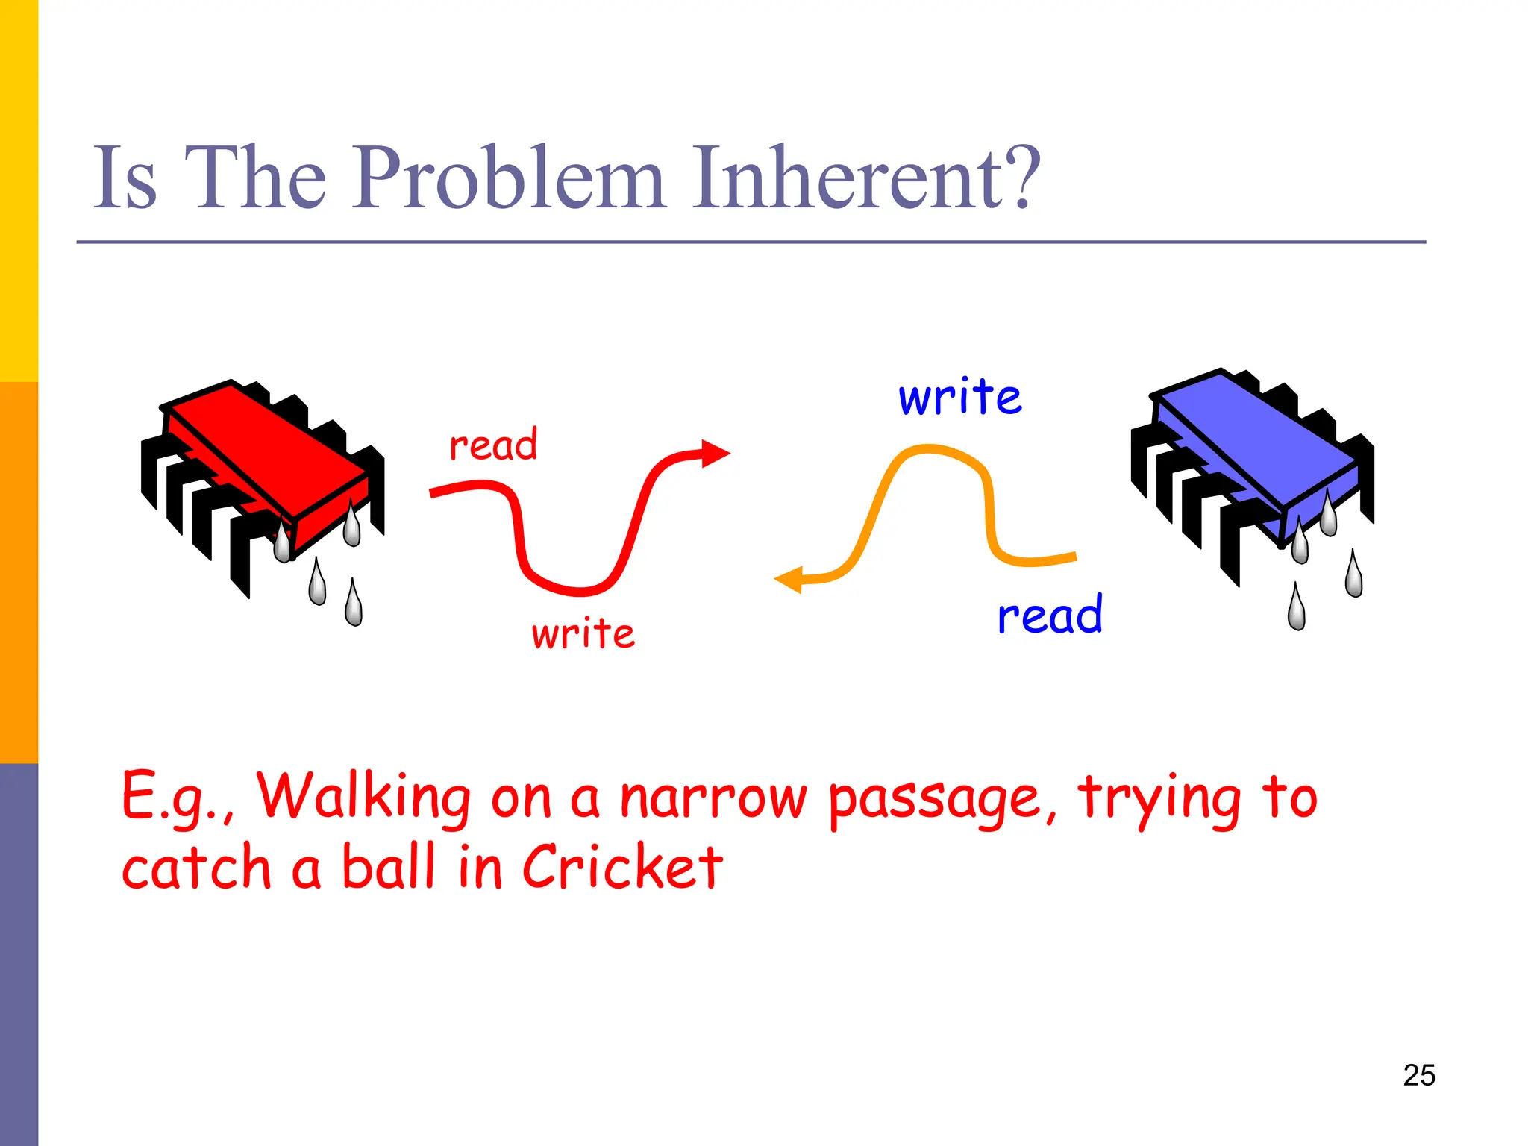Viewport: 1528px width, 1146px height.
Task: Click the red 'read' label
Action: [x=493, y=445]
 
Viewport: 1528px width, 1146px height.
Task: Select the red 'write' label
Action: [x=583, y=633]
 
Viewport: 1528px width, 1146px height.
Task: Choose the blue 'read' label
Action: [x=1050, y=615]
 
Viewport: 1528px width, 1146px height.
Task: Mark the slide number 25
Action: [x=1419, y=1075]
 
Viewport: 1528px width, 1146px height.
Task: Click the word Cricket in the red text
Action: [x=622, y=867]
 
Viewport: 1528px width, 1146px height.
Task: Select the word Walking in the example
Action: [x=364, y=797]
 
